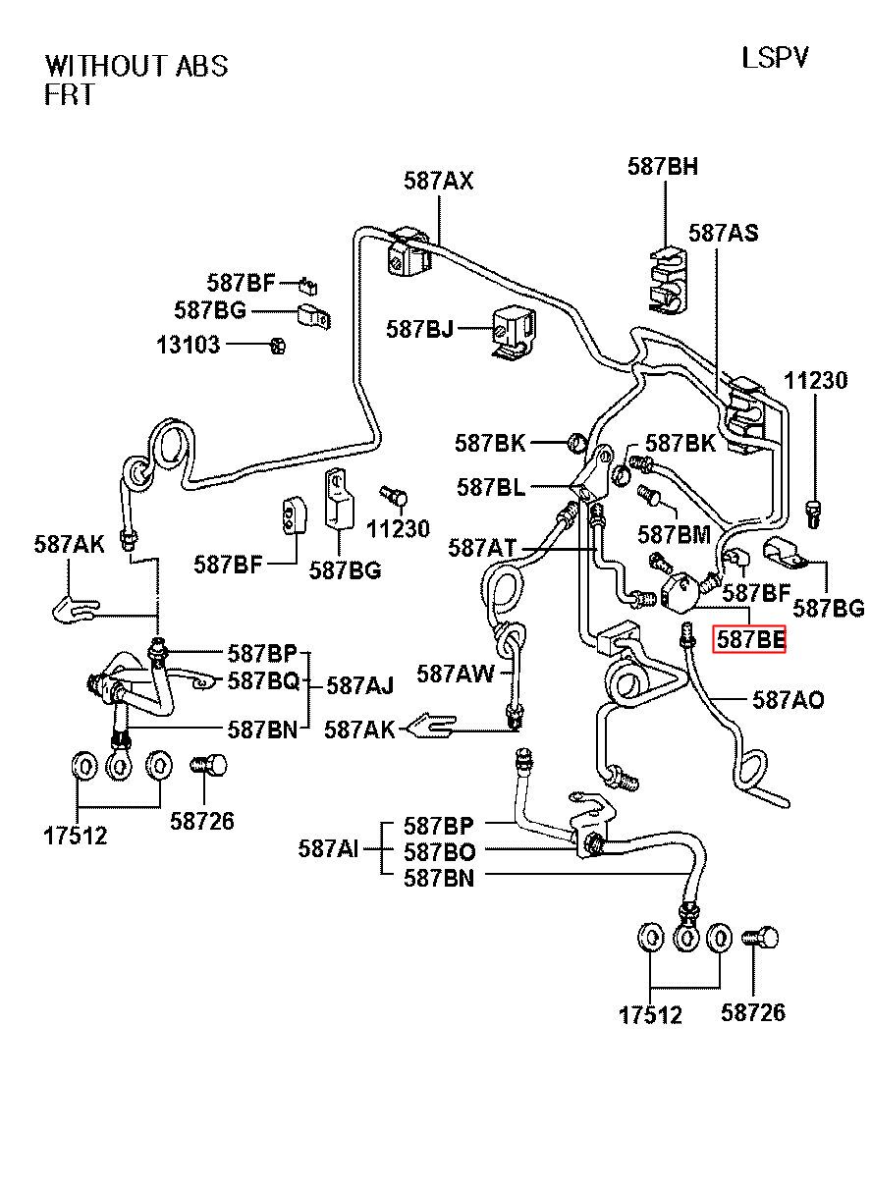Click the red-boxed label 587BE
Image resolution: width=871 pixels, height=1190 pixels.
point(750,640)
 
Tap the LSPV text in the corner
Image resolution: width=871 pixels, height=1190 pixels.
point(775,58)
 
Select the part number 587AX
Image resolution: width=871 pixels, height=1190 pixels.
point(438,181)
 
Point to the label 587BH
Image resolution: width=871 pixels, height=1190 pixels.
point(663,167)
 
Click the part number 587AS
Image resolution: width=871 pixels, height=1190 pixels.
point(723,234)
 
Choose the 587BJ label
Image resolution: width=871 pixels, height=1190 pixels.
point(420,329)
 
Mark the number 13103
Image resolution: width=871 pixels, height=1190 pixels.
point(189,345)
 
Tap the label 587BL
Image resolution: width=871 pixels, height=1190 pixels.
point(491,487)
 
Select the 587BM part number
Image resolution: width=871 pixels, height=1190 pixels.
point(674,534)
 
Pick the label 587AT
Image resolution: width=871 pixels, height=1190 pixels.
point(482,548)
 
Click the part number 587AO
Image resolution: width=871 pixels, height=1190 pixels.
point(789,700)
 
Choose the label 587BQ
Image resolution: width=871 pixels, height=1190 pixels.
point(263,680)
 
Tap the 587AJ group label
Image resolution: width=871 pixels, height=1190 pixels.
point(360,684)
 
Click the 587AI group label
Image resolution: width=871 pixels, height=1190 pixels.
point(329,848)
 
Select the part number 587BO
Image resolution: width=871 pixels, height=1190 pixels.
point(439,851)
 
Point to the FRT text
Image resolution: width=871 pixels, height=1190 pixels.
point(69,95)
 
